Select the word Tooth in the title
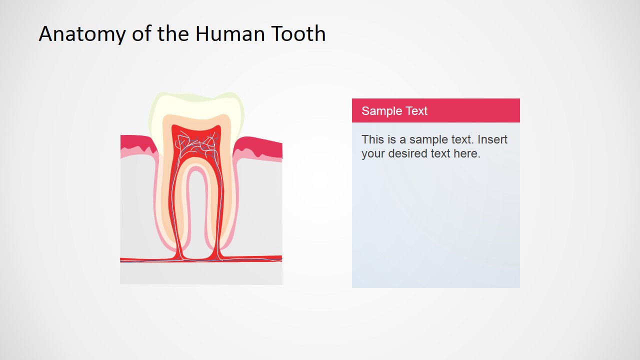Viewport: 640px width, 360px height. click(299, 34)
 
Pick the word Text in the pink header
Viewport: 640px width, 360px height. click(416, 111)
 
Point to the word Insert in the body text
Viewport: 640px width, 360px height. click(492, 139)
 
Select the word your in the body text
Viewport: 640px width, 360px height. click(373, 154)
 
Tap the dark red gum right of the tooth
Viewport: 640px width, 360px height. click(260, 146)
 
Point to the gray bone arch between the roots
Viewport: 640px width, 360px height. click(197, 220)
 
